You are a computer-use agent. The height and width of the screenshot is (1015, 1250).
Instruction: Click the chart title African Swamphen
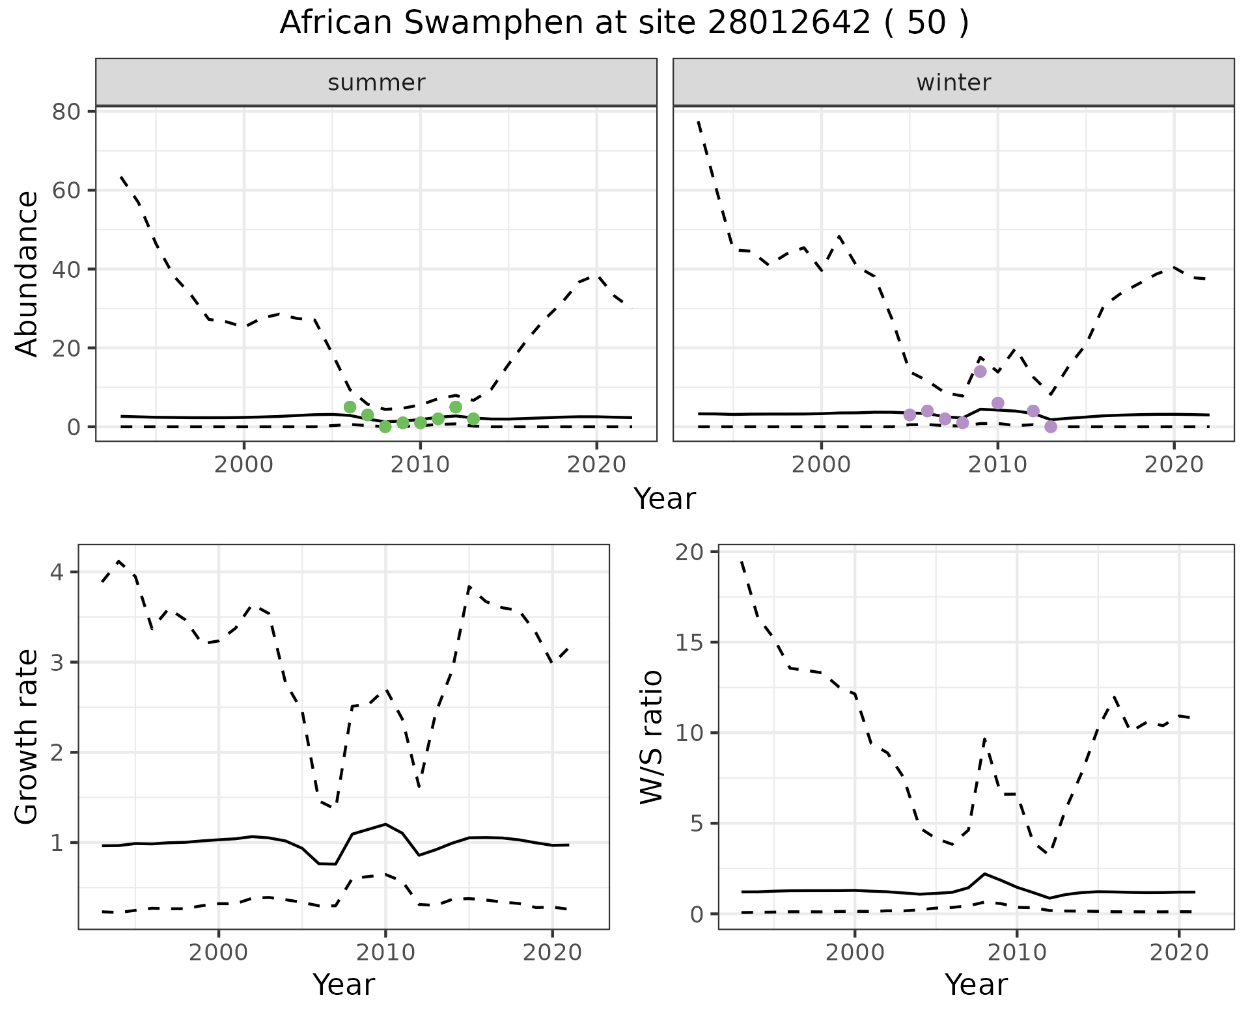(x=624, y=23)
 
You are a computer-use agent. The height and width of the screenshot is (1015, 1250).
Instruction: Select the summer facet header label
(x=376, y=83)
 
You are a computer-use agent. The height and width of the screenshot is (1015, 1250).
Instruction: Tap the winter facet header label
(x=953, y=83)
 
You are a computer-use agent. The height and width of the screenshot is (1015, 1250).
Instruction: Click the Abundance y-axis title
(x=27, y=274)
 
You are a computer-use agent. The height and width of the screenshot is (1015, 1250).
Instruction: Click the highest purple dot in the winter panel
(x=980, y=372)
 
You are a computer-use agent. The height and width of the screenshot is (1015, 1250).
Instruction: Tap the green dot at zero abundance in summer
(x=385, y=427)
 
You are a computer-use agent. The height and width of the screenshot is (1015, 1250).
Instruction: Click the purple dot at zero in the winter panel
(x=1050, y=427)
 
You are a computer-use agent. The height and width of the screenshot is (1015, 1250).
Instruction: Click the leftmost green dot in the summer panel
(x=350, y=407)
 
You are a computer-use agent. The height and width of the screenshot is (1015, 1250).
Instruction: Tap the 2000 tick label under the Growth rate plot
(x=219, y=953)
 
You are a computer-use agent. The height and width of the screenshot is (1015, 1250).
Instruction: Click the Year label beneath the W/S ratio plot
(x=975, y=984)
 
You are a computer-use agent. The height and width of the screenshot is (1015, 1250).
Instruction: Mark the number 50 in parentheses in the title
(x=926, y=23)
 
